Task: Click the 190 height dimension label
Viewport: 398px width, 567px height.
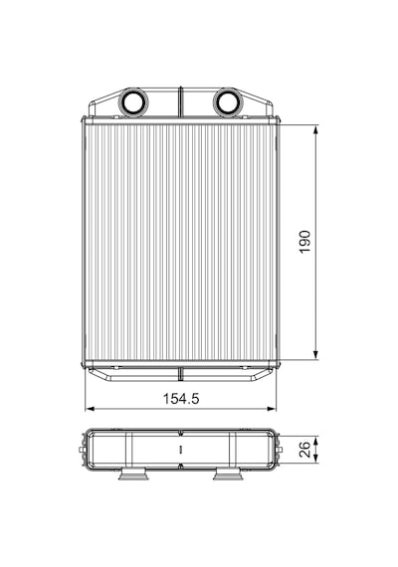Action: tap(305, 242)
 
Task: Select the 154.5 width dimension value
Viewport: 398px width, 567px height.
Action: tap(181, 399)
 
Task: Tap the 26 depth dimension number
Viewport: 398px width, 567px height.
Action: tap(305, 450)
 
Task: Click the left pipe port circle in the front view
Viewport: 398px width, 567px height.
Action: tap(132, 102)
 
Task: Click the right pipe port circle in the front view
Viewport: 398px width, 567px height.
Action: tap(228, 102)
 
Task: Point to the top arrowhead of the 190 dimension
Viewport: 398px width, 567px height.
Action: tap(315, 130)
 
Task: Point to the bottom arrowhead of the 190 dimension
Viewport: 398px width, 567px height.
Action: tap(315, 355)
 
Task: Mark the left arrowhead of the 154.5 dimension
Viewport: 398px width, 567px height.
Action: tap(90, 409)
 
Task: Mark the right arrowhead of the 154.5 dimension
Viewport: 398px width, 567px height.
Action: tap(271, 409)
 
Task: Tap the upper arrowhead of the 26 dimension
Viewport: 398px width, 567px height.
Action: tap(315, 441)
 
